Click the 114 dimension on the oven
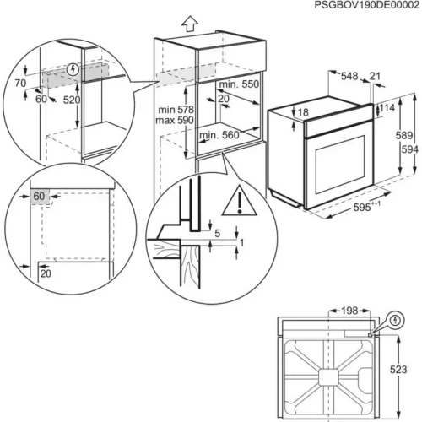click(387, 109)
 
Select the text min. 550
click(239, 86)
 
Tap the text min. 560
click(217, 135)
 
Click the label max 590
click(175, 122)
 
